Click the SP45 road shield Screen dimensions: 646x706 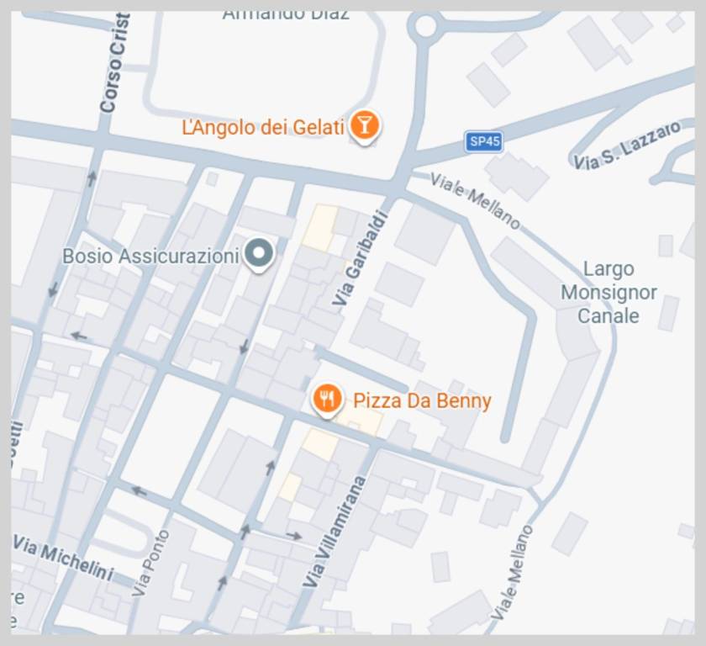click(x=483, y=141)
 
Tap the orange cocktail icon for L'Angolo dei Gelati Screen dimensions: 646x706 click(x=364, y=125)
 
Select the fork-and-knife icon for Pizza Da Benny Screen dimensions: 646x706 click(x=327, y=399)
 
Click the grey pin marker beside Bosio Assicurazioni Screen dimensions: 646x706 click(x=259, y=254)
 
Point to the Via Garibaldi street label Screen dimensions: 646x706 click(x=361, y=258)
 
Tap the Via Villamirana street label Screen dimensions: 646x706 click(x=335, y=532)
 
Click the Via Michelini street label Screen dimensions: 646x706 click(x=63, y=558)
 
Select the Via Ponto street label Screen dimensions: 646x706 click(x=151, y=563)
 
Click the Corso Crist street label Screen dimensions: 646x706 click(x=113, y=63)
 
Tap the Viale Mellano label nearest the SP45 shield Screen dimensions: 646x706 click(x=475, y=200)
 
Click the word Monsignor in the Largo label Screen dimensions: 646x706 click(x=609, y=293)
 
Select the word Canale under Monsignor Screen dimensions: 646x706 click(x=609, y=316)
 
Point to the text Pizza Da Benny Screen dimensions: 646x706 click(x=422, y=400)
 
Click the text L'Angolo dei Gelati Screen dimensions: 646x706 click(x=263, y=127)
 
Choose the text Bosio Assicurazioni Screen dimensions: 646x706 click(x=150, y=256)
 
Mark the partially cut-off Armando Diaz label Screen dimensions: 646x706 click(x=286, y=14)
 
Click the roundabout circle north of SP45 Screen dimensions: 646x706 click(x=424, y=26)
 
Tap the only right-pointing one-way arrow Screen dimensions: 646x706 click(x=293, y=535)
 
